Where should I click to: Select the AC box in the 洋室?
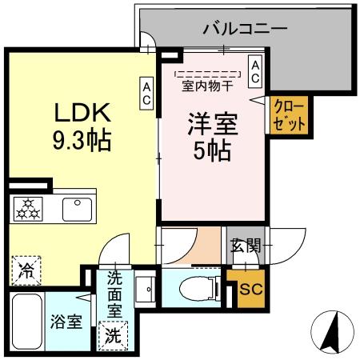tap(254, 70)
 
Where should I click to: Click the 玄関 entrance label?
tap(245, 246)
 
